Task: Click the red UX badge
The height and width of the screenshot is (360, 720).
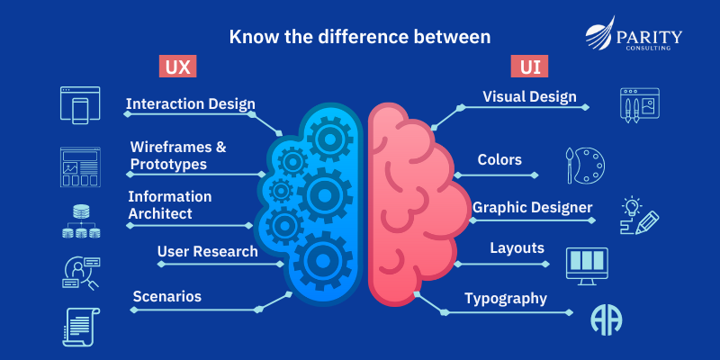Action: (178, 67)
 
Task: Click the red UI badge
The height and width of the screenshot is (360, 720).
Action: (530, 67)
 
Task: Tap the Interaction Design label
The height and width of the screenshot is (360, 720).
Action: (191, 103)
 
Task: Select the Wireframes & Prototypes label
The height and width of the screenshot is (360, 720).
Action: (178, 155)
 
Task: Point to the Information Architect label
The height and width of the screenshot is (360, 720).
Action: (170, 204)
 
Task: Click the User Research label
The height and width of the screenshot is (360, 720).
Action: (207, 251)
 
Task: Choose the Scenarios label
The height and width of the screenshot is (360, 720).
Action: (167, 296)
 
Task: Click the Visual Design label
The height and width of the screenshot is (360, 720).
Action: (529, 96)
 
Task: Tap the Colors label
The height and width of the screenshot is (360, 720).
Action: (499, 159)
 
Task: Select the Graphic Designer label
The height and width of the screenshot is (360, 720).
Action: (533, 208)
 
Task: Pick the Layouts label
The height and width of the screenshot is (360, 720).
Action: (517, 247)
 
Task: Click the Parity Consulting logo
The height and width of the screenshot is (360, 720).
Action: (634, 38)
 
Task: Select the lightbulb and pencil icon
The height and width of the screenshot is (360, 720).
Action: (638, 216)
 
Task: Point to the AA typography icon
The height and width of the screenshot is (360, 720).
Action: (607, 319)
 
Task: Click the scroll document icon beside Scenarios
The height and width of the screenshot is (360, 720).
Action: (80, 325)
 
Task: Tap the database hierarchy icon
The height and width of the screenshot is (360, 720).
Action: (80, 221)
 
